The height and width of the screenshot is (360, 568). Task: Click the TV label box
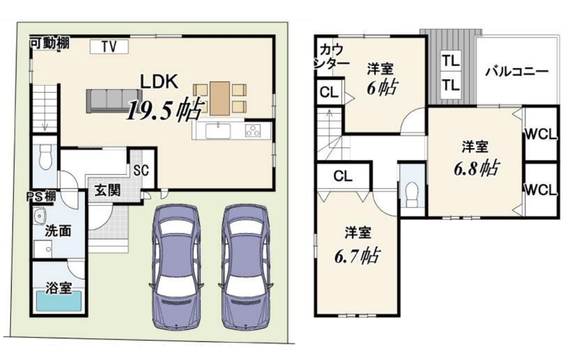click(x=109, y=47)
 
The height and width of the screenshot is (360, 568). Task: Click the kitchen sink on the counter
click(x=218, y=131)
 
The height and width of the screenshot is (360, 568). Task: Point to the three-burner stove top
click(x=253, y=130)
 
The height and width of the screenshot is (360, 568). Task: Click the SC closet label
click(x=142, y=171)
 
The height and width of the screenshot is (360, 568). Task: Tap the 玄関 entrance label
click(x=107, y=190)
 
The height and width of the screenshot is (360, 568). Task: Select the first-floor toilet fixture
click(x=45, y=157)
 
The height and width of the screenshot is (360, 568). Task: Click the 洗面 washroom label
click(x=58, y=231)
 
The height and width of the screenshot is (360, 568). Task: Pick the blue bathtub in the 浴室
click(x=59, y=301)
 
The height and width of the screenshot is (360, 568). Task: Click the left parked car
click(x=176, y=267)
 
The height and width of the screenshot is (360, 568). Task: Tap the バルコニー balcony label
click(x=517, y=72)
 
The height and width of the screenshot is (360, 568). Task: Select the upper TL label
click(x=451, y=61)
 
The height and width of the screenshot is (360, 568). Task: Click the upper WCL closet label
click(x=540, y=135)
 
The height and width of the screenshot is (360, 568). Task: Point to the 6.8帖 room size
click(x=477, y=168)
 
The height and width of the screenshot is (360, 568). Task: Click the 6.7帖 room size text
click(x=357, y=255)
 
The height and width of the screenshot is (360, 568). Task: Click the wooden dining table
click(x=219, y=98)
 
